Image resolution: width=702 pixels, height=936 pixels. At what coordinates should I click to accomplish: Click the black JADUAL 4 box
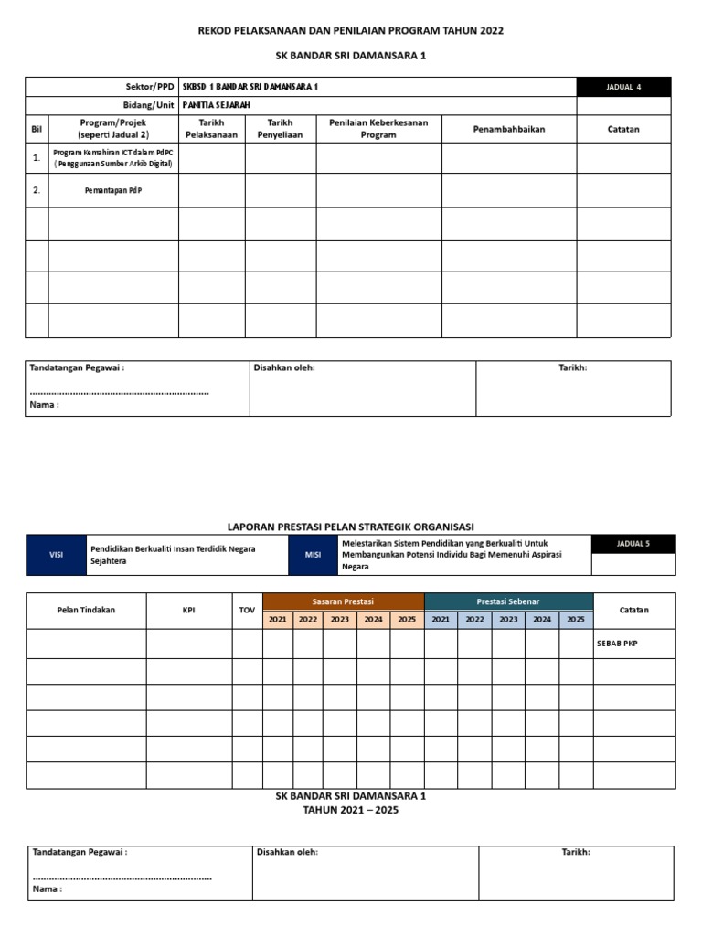coord(624,87)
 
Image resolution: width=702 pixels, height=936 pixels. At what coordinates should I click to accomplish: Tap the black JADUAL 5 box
coord(633,544)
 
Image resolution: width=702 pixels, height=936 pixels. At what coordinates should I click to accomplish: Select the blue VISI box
coord(57,555)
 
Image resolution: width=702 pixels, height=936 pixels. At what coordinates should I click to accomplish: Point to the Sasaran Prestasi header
coord(344,601)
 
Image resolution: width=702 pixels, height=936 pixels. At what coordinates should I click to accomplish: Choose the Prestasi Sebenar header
coord(508,601)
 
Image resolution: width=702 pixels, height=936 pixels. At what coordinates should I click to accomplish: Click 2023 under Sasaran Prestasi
coord(340,619)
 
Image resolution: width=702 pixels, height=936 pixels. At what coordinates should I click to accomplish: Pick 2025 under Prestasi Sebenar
coord(575,619)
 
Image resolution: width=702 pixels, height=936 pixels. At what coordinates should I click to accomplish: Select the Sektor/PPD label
coord(151,87)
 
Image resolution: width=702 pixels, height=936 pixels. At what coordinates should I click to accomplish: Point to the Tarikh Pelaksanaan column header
coord(211,129)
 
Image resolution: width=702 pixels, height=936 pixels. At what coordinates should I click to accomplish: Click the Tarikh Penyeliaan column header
coord(280,129)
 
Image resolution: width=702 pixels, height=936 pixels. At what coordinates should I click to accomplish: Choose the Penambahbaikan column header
coord(508,129)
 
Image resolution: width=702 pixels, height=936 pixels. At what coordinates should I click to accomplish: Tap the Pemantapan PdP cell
coord(113,190)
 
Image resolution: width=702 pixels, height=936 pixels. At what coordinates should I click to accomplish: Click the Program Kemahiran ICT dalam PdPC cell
coord(113,158)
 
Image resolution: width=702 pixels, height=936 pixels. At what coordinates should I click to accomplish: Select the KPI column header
coord(188,610)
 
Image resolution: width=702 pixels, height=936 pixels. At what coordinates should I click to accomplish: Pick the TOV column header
coord(247,610)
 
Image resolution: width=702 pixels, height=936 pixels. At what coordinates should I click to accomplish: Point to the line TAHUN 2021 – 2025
coord(350,810)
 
